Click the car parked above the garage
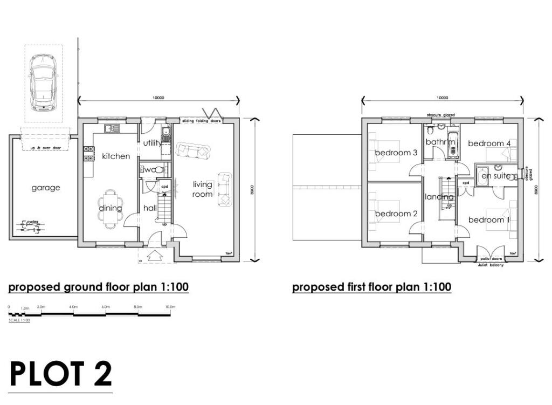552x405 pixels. (43, 81)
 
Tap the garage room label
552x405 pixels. (46, 188)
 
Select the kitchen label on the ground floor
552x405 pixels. (116, 156)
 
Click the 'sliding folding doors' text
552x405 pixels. (201, 121)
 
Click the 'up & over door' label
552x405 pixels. (45, 147)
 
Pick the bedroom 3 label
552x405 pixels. (396, 153)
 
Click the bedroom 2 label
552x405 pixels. (396, 214)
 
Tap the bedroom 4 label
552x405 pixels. (489, 143)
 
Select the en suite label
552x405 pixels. (496, 176)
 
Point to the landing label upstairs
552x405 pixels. (439, 197)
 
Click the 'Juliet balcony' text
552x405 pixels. (491, 265)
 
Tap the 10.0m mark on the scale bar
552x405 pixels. (170, 307)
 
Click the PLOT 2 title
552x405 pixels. (61, 373)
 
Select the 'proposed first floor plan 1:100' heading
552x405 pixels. (371, 287)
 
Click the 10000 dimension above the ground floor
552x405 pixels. (158, 98)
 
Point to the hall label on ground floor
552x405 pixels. (149, 208)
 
